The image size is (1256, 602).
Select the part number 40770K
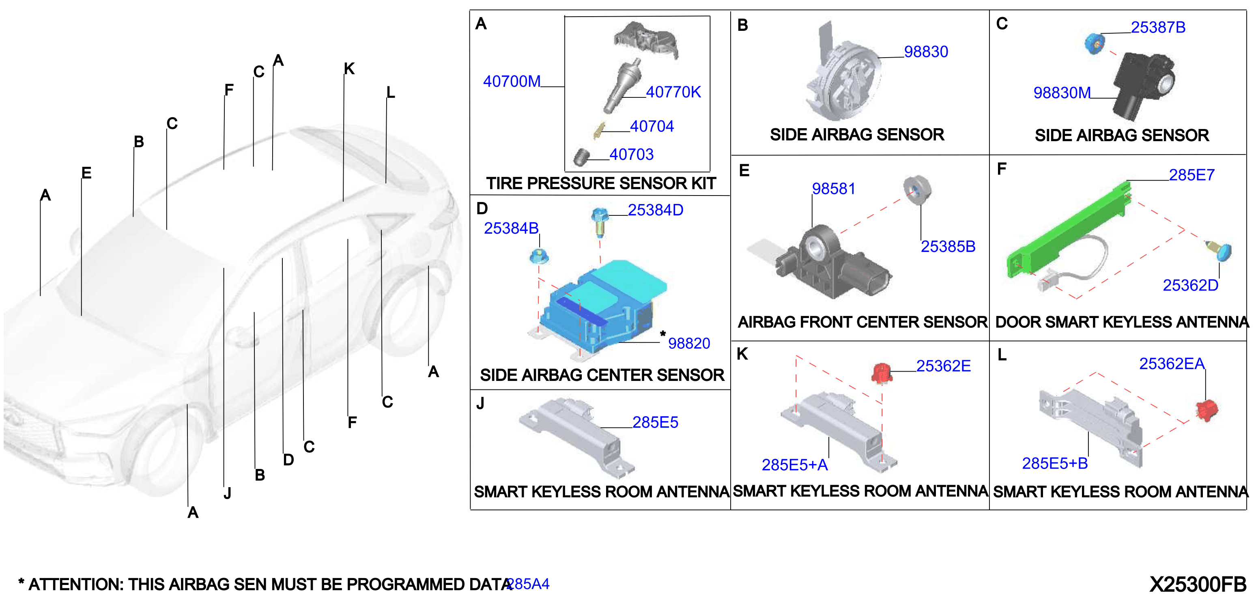tap(673, 92)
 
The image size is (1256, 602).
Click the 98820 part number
tap(689, 343)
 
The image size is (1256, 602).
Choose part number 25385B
tap(948, 247)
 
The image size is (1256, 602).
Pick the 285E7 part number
tap(1191, 175)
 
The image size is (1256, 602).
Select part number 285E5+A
tap(795, 465)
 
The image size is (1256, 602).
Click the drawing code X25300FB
tap(1198, 584)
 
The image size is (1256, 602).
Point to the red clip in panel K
tap(882, 373)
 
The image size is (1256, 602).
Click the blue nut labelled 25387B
tap(1094, 44)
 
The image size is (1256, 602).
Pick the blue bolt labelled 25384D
tap(600, 222)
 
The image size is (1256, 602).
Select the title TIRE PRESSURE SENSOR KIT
tap(601, 183)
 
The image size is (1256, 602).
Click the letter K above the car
tap(349, 69)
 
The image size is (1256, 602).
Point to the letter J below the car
tap(227, 493)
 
